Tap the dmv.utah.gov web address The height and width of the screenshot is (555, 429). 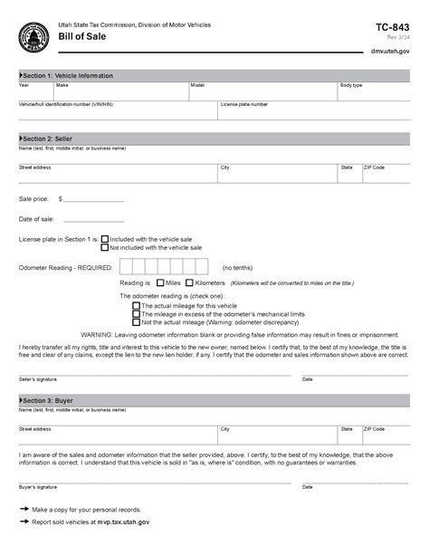[x=391, y=52]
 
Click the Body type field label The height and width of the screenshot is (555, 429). [x=351, y=85]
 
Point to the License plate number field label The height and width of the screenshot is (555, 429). [x=244, y=104]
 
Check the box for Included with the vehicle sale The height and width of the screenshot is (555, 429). [x=105, y=239]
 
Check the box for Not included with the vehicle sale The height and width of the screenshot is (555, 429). [x=105, y=247]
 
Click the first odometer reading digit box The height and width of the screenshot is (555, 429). [x=128, y=267]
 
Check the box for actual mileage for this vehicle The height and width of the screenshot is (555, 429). [x=137, y=306]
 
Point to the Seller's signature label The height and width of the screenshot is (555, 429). [x=38, y=378]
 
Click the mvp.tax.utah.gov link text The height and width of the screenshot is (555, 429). [x=119, y=522]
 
